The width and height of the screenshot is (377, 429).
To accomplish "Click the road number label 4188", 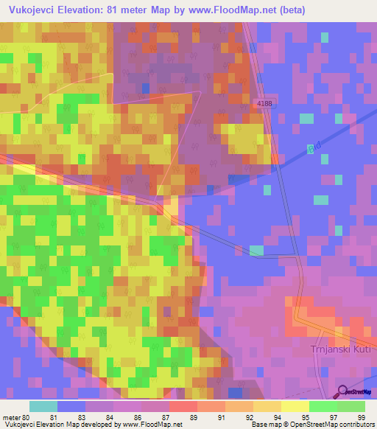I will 265,104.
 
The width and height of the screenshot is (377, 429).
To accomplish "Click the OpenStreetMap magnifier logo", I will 342,391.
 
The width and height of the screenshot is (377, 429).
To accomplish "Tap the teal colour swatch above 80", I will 43,406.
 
